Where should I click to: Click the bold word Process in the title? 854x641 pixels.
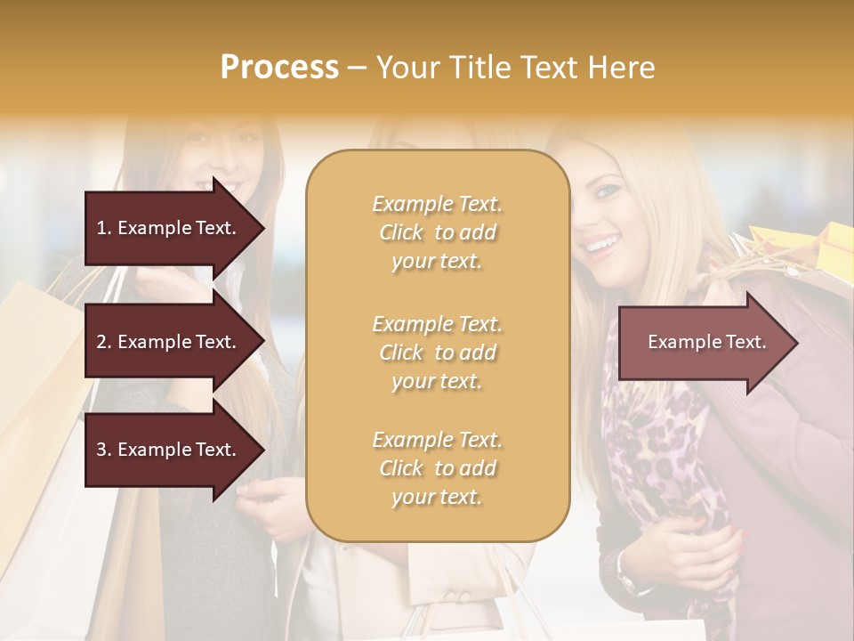pyautogui.click(x=279, y=68)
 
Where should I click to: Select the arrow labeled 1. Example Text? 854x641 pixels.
pyautogui.click(x=169, y=228)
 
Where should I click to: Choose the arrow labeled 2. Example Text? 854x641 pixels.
pyautogui.click(x=169, y=342)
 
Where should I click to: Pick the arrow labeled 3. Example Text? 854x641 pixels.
pyautogui.click(x=169, y=450)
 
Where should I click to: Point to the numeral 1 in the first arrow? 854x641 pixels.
pyautogui.click(x=101, y=228)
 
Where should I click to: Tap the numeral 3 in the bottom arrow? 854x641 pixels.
pyautogui.click(x=101, y=450)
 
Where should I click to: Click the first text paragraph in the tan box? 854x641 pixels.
pyautogui.click(x=437, y=232)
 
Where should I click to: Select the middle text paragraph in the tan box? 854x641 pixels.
pyautogui.click(x=437, y=353)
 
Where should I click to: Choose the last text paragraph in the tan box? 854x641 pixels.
pyautogui.click(x=437, y=468)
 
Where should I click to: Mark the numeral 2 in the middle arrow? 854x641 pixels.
pyautogui.click(x=101, y=342)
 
